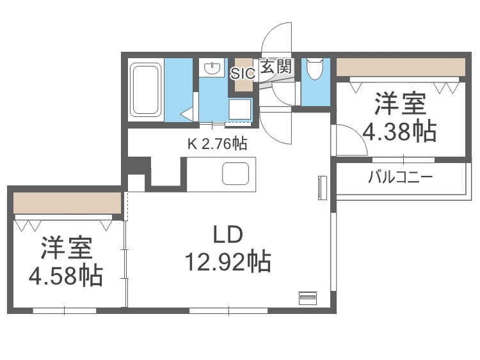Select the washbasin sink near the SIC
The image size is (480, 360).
(x=209, y=67)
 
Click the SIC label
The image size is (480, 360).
(x=243, y=72)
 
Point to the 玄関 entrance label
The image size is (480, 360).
(x=276, y=66)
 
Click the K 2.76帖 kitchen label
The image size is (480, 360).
(x=216, y=145)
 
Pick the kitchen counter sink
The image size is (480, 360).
(x=234, y=173)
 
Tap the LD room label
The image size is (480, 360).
(x=227, y=236)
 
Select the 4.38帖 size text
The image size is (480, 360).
(x=400, y=131)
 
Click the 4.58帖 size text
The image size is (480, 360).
(x=65, y=275)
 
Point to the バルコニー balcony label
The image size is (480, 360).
(x=401, y=177)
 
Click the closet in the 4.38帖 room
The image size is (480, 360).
(x=401, y=67)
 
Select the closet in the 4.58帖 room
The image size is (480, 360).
(x=67, y=203)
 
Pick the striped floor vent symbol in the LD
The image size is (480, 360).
(x=308, y=297)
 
